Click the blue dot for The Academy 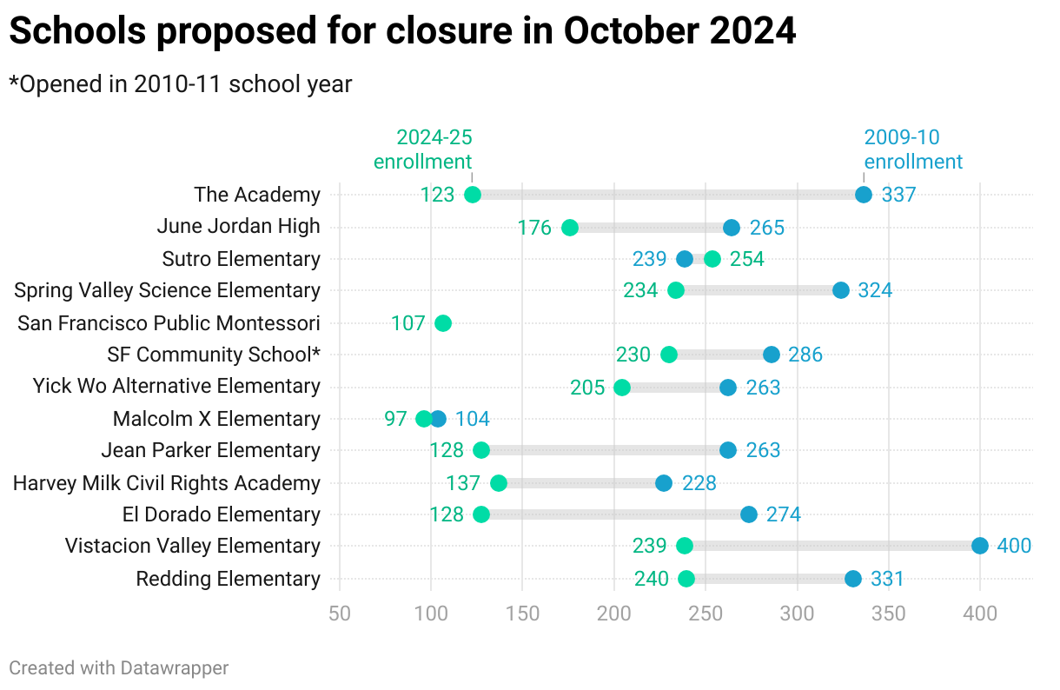coord(864,195)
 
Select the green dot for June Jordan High coord(570,228)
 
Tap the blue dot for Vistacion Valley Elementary coord(980,546)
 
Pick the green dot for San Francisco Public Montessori coord(443,323)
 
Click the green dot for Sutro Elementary coord(712,259)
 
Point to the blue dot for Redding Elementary coord(853,579)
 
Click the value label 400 coord(1014,546)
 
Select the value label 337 coord(898,195)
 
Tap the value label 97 coord(395,419)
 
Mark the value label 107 coord(407,323)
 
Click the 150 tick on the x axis coord(522,614)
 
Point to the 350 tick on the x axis coord(889,614)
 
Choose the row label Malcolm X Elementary coord(216,419)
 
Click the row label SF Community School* coord(214,355)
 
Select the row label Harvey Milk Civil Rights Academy coord(167,483)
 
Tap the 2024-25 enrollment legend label coord(423,149)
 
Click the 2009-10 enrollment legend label coord(912,149)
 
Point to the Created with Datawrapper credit coord(119,667)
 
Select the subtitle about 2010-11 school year coord(181,84)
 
